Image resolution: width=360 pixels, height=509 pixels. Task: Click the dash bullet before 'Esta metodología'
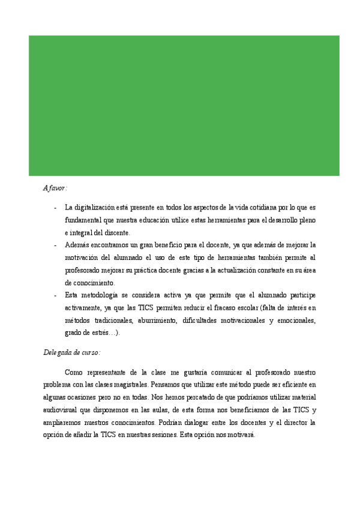[x=55, y=295]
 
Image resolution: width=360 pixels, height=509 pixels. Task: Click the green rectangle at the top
[x=184, y=106]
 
